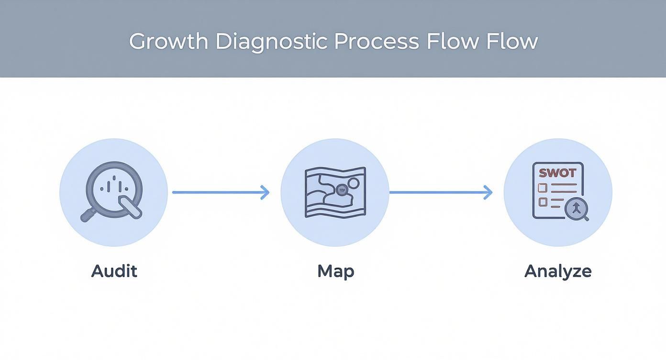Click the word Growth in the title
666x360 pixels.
point(168,42)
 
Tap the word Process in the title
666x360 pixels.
point(377,42)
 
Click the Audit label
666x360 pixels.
point(114,271)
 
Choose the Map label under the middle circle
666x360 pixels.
point(335,271)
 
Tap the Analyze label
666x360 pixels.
point(558,271)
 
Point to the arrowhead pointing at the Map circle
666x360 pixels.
point(265,192)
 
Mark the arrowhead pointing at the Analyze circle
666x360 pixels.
point(488,192)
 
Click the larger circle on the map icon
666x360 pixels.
point(353,183)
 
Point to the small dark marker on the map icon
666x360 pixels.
point(341,189)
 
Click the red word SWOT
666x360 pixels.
point(557,173)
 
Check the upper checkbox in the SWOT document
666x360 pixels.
point(543,187)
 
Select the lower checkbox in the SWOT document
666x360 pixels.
point(543,202)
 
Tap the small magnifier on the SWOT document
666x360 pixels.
point(577,209)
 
